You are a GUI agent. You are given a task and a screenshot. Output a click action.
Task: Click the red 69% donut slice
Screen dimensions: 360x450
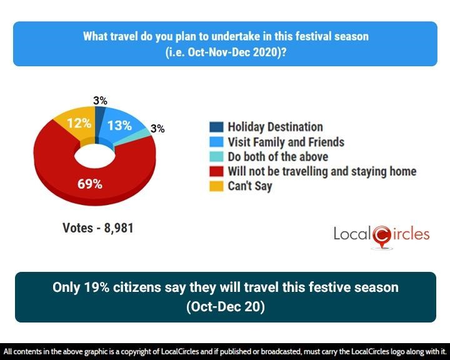tap(56, 169)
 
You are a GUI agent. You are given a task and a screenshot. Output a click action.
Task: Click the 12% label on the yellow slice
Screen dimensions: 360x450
tap(79, 124)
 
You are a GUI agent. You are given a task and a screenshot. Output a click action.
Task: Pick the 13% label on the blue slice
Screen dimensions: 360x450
tap(119, 125)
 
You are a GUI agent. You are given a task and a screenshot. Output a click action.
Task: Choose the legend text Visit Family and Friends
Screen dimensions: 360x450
tap(286, 142)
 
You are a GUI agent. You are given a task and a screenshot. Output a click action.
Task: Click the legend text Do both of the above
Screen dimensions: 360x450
tap(277, 156)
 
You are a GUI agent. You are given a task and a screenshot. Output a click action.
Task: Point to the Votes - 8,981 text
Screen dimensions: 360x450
tap(98, 229)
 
